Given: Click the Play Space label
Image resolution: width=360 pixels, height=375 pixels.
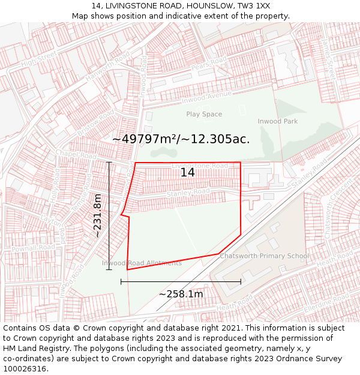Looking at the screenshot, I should point(204,114).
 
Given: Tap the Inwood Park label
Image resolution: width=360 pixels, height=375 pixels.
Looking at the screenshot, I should point(278,121).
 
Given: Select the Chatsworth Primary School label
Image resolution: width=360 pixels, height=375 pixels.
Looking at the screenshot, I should point(265,256).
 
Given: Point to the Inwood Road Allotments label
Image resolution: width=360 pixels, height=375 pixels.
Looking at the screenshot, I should point(142,263).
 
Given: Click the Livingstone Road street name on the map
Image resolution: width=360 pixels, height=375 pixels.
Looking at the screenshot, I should point(200,166).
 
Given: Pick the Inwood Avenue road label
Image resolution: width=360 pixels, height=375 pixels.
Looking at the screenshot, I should point(208,96).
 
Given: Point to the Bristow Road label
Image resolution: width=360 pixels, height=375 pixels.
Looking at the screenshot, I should point(95,122).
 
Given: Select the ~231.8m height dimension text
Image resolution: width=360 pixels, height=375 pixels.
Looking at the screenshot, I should point(98,215).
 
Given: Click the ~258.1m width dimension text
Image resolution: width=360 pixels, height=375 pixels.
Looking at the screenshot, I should point(181,294).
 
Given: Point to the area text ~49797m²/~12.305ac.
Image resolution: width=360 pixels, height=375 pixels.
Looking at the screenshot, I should point(181,139).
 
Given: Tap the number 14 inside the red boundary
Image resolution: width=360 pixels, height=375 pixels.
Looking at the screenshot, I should point(187,172).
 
